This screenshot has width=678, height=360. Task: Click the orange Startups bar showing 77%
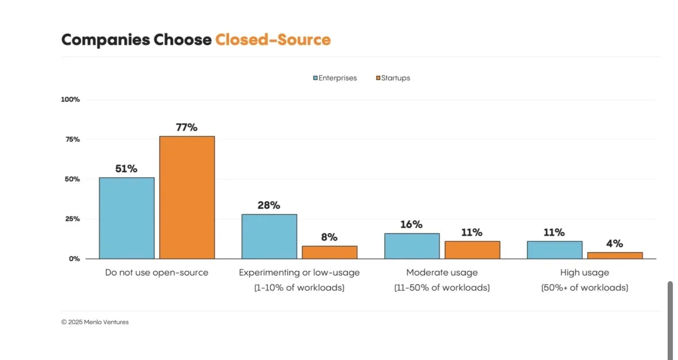(187, 197)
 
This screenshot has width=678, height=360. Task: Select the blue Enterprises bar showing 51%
(127, 218)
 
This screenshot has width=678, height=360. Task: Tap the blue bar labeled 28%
(269, 236)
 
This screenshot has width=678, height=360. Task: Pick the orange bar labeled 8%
(330, 252)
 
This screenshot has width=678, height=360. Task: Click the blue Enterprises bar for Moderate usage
(412, 246)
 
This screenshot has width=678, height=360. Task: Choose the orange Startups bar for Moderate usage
(472, 250)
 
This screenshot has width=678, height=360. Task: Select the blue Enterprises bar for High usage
(554, 250)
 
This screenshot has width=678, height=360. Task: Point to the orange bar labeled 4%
(615, 255)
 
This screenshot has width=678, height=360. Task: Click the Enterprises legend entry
(335, 78)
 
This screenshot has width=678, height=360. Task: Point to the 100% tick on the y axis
(70, 99)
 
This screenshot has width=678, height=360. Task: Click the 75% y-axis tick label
(72, 139)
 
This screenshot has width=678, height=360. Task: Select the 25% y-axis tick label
(72, 219)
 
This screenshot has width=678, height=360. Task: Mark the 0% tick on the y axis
(74, 259)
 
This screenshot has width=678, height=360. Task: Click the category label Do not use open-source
(156, 273)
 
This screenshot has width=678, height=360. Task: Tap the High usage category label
(584, 273)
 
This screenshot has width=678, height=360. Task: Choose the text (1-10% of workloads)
(299, 288)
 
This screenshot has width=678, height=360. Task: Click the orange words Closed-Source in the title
(273, 40)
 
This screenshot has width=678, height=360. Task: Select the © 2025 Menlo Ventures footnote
(95, 322)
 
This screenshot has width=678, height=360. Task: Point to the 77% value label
(186, 127)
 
